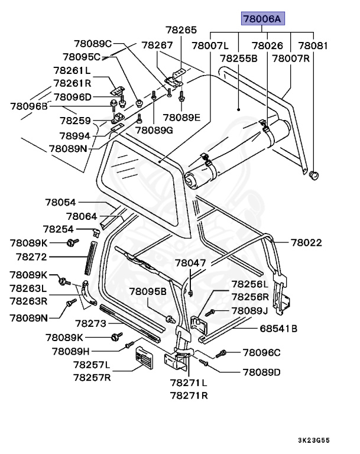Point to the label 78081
313,46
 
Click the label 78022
306,242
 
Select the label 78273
90,323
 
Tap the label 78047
190,262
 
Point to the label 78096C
261,353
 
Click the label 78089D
261,372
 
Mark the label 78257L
92,365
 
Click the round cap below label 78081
314,174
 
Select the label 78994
74,136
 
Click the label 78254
58,228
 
